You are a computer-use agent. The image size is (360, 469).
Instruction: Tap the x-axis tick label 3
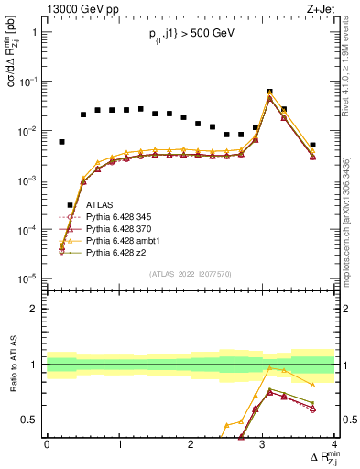262,444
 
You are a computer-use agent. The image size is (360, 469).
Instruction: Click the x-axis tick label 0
47,444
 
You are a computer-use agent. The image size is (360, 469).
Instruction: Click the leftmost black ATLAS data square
61,142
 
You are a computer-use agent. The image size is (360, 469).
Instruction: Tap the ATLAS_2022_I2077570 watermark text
190,273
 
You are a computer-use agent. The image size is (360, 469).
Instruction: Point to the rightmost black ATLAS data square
312,145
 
